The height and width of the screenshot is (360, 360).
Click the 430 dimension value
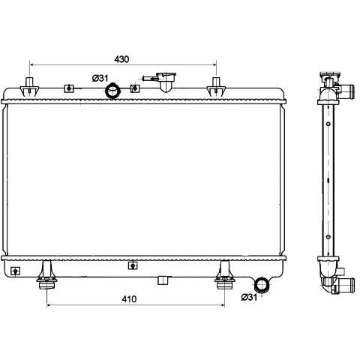click(121, 59)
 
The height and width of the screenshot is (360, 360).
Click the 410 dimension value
click(129, 299)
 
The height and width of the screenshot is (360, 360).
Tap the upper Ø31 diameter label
click(100, 78)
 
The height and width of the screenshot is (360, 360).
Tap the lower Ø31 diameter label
click(249, 297)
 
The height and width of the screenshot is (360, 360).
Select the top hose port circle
click(112, 91)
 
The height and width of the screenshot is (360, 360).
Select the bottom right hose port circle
click(262, 285)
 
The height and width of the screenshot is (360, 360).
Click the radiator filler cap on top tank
click(166, 81)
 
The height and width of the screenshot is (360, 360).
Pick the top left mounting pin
click(29, 87)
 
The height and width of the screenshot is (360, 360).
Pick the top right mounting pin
click(216, 87)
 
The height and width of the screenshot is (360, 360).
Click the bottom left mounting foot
click(46, 275)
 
